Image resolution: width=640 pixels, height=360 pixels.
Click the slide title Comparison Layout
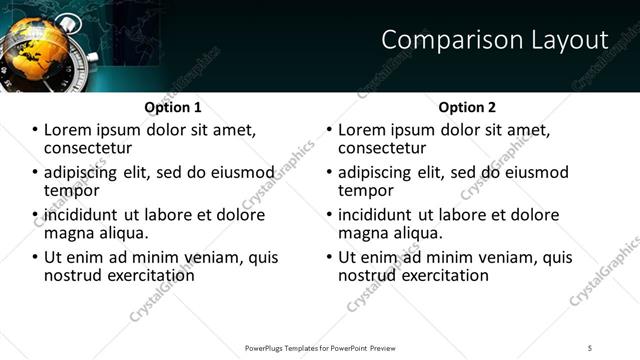coord(495,40)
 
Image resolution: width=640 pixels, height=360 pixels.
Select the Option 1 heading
coord(173,107)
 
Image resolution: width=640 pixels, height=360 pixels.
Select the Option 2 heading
coord(467,107)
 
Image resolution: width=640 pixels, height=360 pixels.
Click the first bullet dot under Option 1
coord(35,130)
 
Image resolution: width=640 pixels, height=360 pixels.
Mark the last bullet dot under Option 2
coord(329,257)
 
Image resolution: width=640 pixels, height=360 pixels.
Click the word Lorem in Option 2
coord(362,130)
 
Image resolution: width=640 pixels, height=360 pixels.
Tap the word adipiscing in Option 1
coord(81,172)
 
